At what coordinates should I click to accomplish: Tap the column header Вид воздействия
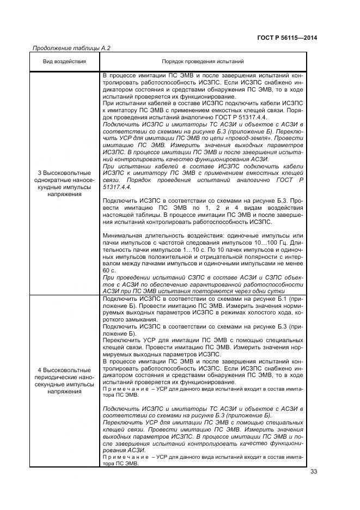tap(65, 62)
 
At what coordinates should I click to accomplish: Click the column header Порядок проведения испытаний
tap(202, 62)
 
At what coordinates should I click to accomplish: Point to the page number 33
tap(313, 471)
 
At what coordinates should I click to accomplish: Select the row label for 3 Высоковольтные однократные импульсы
tap(65, 183)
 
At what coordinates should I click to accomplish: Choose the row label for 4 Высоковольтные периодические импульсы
tap(65, 380)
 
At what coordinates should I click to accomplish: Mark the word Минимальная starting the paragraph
tap(120, 235)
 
